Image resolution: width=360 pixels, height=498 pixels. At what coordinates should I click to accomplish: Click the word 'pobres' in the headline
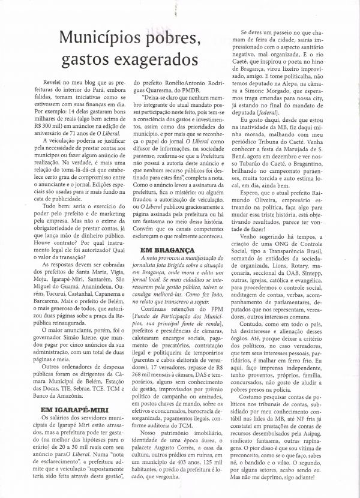[170, 40]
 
